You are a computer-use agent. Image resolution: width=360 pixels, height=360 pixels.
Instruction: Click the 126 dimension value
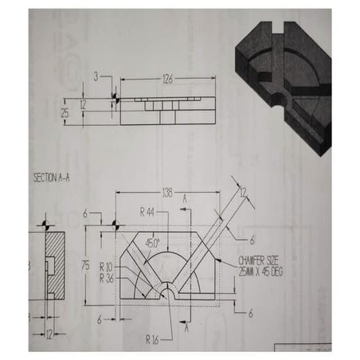click(167, 78)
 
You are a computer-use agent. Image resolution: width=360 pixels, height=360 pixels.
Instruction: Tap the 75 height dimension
click(84, 265)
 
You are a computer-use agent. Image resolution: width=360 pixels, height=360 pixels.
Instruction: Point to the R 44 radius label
click(146, 212)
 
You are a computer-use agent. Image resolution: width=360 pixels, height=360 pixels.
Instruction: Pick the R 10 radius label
click(107, 266)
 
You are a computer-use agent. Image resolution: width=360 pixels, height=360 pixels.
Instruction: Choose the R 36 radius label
click(107, 278)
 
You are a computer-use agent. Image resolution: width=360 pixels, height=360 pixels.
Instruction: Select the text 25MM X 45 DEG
click(261, 272)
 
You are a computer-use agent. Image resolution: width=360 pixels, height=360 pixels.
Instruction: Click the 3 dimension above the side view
click(96, 77)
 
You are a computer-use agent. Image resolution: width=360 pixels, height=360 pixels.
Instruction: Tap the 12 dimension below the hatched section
click(51, 334)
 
